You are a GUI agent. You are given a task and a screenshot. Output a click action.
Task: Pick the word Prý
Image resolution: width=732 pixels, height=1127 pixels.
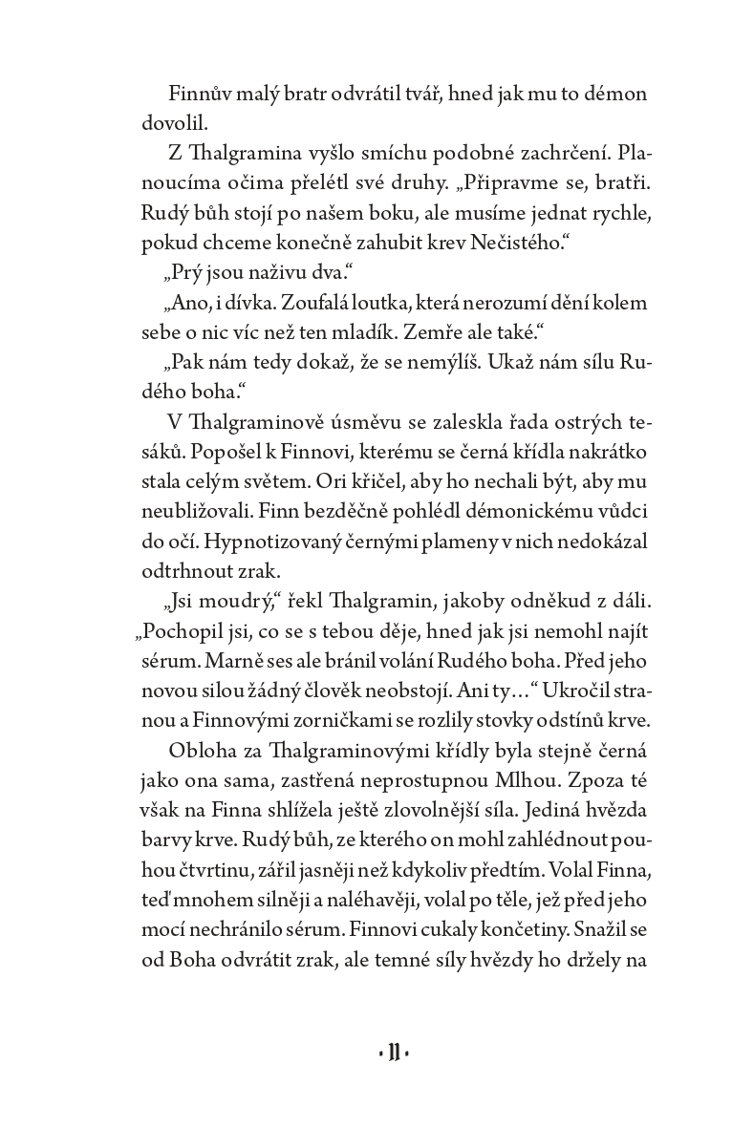point(184,273)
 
